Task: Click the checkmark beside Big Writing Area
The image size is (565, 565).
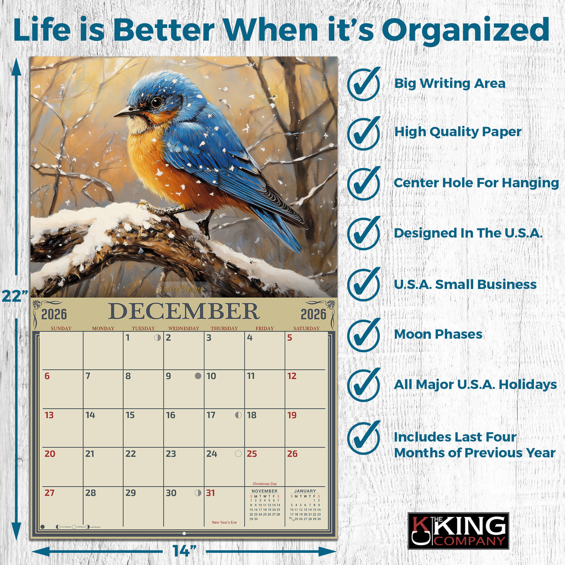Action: click(x=364, y=84)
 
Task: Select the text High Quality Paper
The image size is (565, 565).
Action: click(x=458, y=132)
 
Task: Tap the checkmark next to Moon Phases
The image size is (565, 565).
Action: click(x=364, y=335)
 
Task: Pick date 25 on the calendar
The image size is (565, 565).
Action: click(x=252, y=454)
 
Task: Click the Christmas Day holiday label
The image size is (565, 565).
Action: click(x=264, y=484)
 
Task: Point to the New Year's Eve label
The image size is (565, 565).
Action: click(x=224, y=523)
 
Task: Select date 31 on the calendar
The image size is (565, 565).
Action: click(x=211, y=493)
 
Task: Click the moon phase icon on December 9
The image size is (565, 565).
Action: click(x=198, y=376)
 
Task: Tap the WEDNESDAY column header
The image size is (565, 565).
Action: click(x=183, y=329)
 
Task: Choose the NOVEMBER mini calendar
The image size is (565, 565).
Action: click(x=264, y=505)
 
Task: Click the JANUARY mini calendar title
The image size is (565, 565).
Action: click(x=305, y=491)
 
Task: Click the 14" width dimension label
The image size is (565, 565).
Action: click(x=184, y=551)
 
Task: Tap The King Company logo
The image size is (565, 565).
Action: click(x=458, y=531)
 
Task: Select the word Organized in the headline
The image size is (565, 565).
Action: click(x=465, y=30)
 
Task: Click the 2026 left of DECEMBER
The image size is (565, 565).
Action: click(x=54, y=315)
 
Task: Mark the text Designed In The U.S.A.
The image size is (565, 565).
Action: click(x=468, y=233)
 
